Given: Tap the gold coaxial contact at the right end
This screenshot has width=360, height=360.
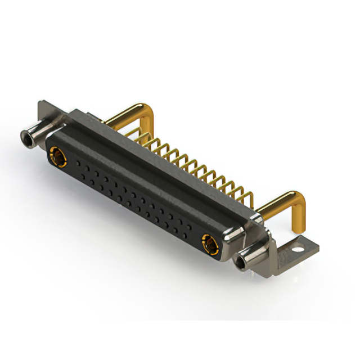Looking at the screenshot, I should [x=209, y=244].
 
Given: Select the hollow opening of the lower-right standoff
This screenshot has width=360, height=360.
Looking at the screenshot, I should [x=244, y=262].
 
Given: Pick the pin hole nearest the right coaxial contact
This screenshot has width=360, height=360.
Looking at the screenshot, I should [x=190, y=229].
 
